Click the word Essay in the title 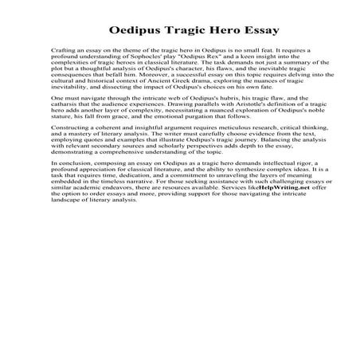[255, 32]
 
